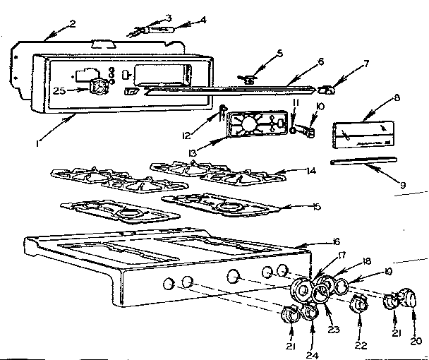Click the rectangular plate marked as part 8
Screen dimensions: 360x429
358,133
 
